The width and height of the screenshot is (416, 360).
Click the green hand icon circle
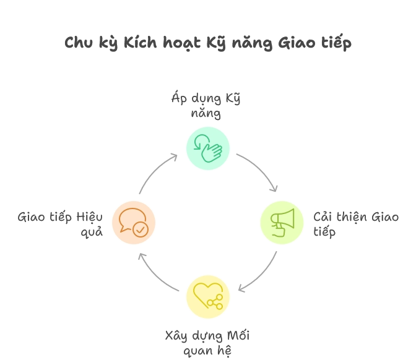pos(208,148)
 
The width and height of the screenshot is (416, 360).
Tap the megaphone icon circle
pos(282,223)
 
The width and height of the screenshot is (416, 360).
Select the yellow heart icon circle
pos(208,297)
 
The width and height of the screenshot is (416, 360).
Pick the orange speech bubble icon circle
pos(134,223)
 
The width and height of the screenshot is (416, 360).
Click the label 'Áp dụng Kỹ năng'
pos(206,105)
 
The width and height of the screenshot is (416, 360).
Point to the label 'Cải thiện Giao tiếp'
pos(356,224)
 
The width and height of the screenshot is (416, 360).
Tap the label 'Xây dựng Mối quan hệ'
pos(207,343)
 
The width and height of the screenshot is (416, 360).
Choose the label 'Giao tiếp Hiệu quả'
pos(60,224)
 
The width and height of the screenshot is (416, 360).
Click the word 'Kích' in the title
pos(141,43)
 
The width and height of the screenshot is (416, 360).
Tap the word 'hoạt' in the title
pos(182,43)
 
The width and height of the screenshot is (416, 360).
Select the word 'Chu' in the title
pos(79,43)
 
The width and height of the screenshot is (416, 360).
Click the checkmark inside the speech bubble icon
pos(141,229)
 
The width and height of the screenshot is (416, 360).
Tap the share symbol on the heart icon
pos(215,302)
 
